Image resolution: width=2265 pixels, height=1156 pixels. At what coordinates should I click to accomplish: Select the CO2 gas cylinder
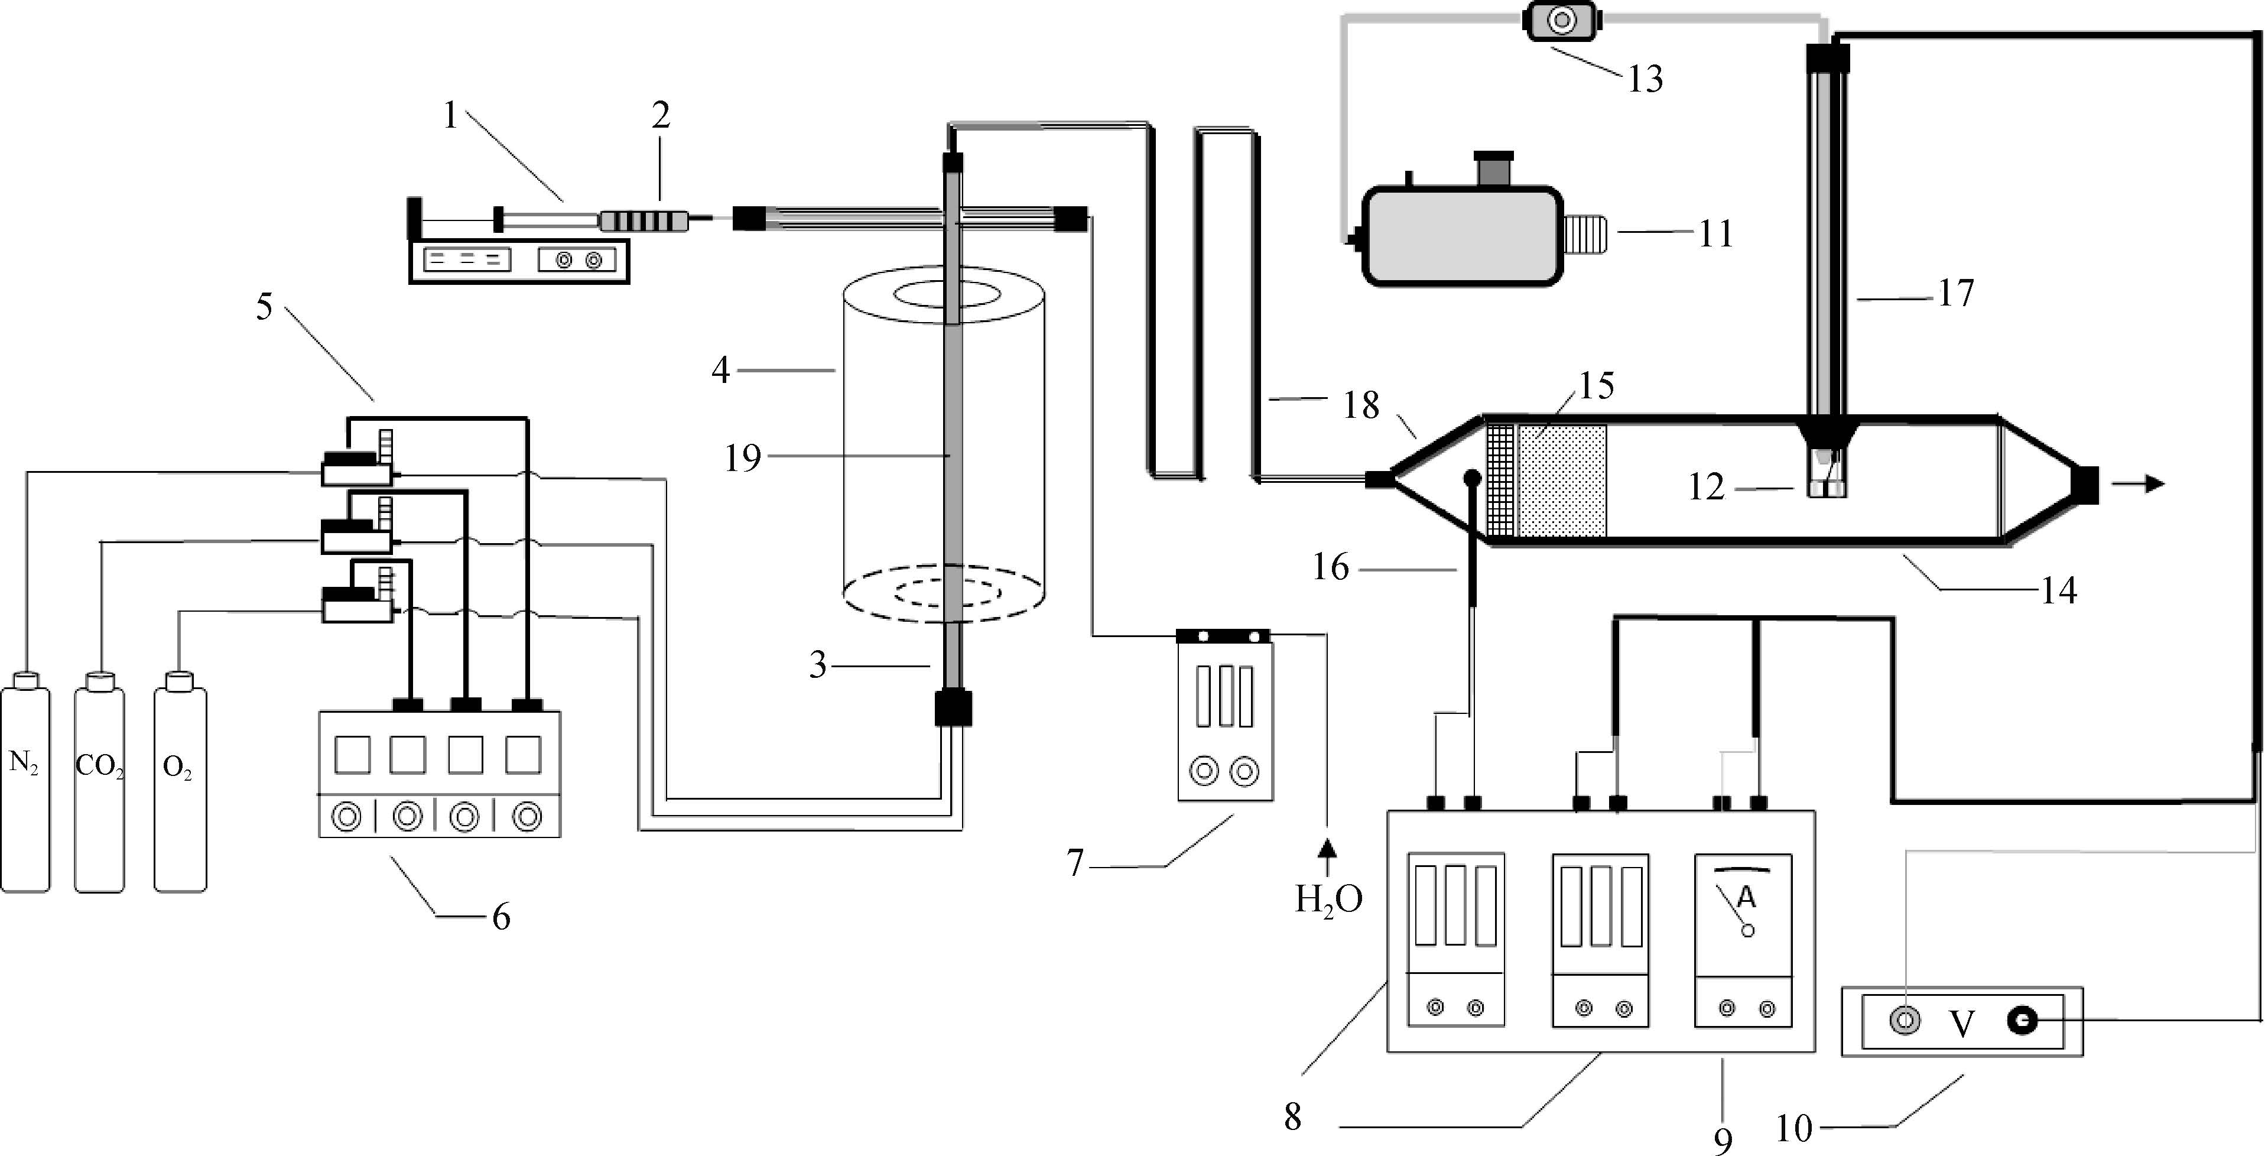[x=99, y=781]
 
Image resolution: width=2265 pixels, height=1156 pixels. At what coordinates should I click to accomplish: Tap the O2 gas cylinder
[x=180, y=781]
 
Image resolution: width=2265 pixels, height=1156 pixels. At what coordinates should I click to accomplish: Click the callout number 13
[x=1645, y=79]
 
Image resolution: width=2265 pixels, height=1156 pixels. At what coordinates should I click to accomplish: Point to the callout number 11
[x=1715, y=234]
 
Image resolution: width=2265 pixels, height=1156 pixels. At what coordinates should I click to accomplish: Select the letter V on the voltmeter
[x=1962, y=1023]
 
